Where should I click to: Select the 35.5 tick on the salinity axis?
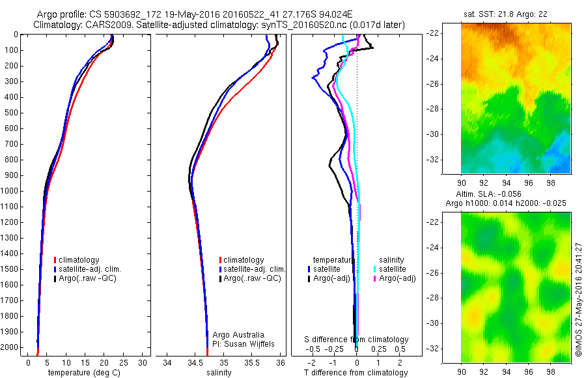252,362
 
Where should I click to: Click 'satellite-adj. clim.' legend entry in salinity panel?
255,269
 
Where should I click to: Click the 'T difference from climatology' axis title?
356,373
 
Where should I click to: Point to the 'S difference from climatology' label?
357,340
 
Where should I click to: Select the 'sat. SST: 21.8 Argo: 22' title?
506,14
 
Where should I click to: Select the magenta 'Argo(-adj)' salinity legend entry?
397,278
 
